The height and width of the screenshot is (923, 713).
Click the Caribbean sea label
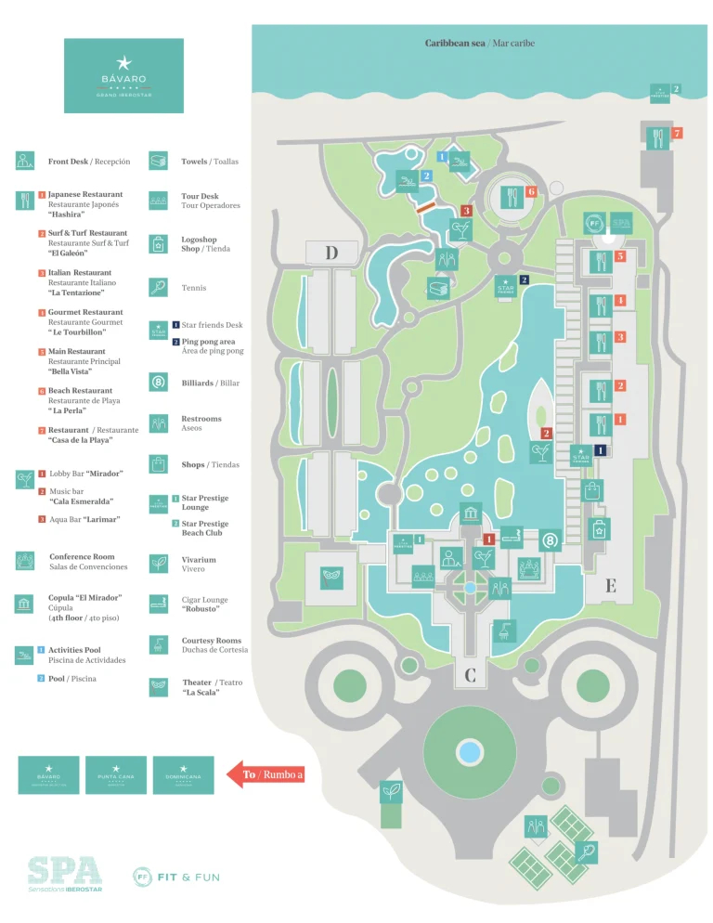click(x=479, y=44)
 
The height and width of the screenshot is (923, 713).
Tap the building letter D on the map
click(x=331, y=253)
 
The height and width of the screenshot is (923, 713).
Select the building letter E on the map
click(x=610, y=586)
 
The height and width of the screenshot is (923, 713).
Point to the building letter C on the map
click(x=470, y=675)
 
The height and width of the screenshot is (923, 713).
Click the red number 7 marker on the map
click(x=677, y=134)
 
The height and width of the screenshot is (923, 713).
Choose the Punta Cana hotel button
click(x=116, y=774)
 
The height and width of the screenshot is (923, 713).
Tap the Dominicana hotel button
click(x=183, y=774)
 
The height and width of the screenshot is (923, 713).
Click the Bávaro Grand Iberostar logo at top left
click(x=124, y=75)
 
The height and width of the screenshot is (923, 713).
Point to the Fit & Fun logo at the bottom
click(x=176, y=877)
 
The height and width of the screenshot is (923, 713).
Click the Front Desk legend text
click(x=89, y=162)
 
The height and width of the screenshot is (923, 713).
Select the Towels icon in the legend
click(x=159, y=161)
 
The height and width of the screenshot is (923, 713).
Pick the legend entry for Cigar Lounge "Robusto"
click(x=204, y=604)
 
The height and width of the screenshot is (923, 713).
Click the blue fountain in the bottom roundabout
click(x=470, y=749)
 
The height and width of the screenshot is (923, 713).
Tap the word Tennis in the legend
click(x=194, y=288)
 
